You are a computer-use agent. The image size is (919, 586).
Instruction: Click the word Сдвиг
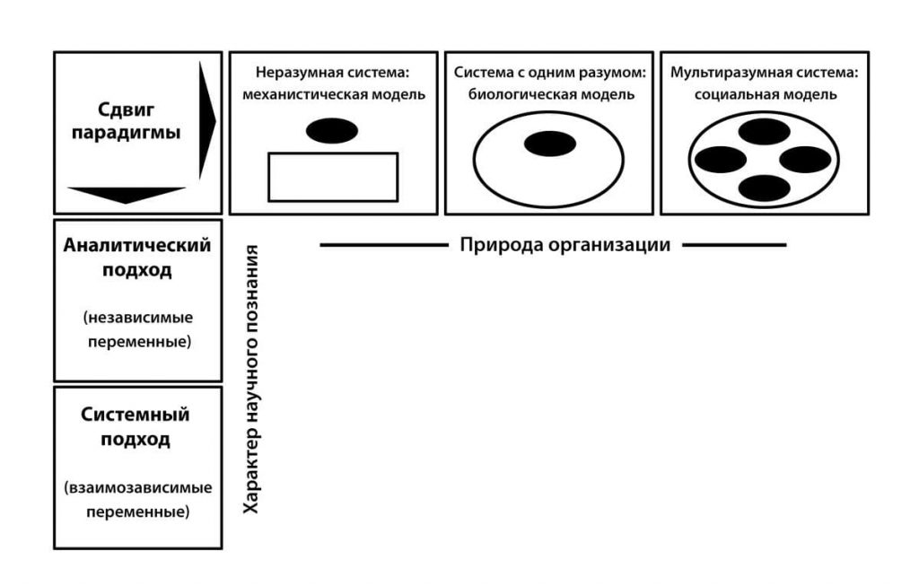point(127,109)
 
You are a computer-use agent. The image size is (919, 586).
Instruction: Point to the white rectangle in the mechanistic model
point(333,177)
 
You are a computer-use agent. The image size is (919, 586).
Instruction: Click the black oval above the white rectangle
point(332,131)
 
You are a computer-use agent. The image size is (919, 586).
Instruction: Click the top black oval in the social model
point(764,132)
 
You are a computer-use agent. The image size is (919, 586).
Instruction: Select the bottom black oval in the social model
point(764,188)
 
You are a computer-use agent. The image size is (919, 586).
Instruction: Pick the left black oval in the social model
point(720,160)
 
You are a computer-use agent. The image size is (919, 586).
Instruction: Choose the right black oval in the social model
point(807,160)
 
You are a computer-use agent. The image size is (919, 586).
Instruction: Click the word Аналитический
point(137,245)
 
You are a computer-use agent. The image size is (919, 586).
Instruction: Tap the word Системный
point(136,415)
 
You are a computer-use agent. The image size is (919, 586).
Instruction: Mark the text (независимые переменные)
point(137,330)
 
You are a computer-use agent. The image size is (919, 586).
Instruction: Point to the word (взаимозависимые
point(137,489)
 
